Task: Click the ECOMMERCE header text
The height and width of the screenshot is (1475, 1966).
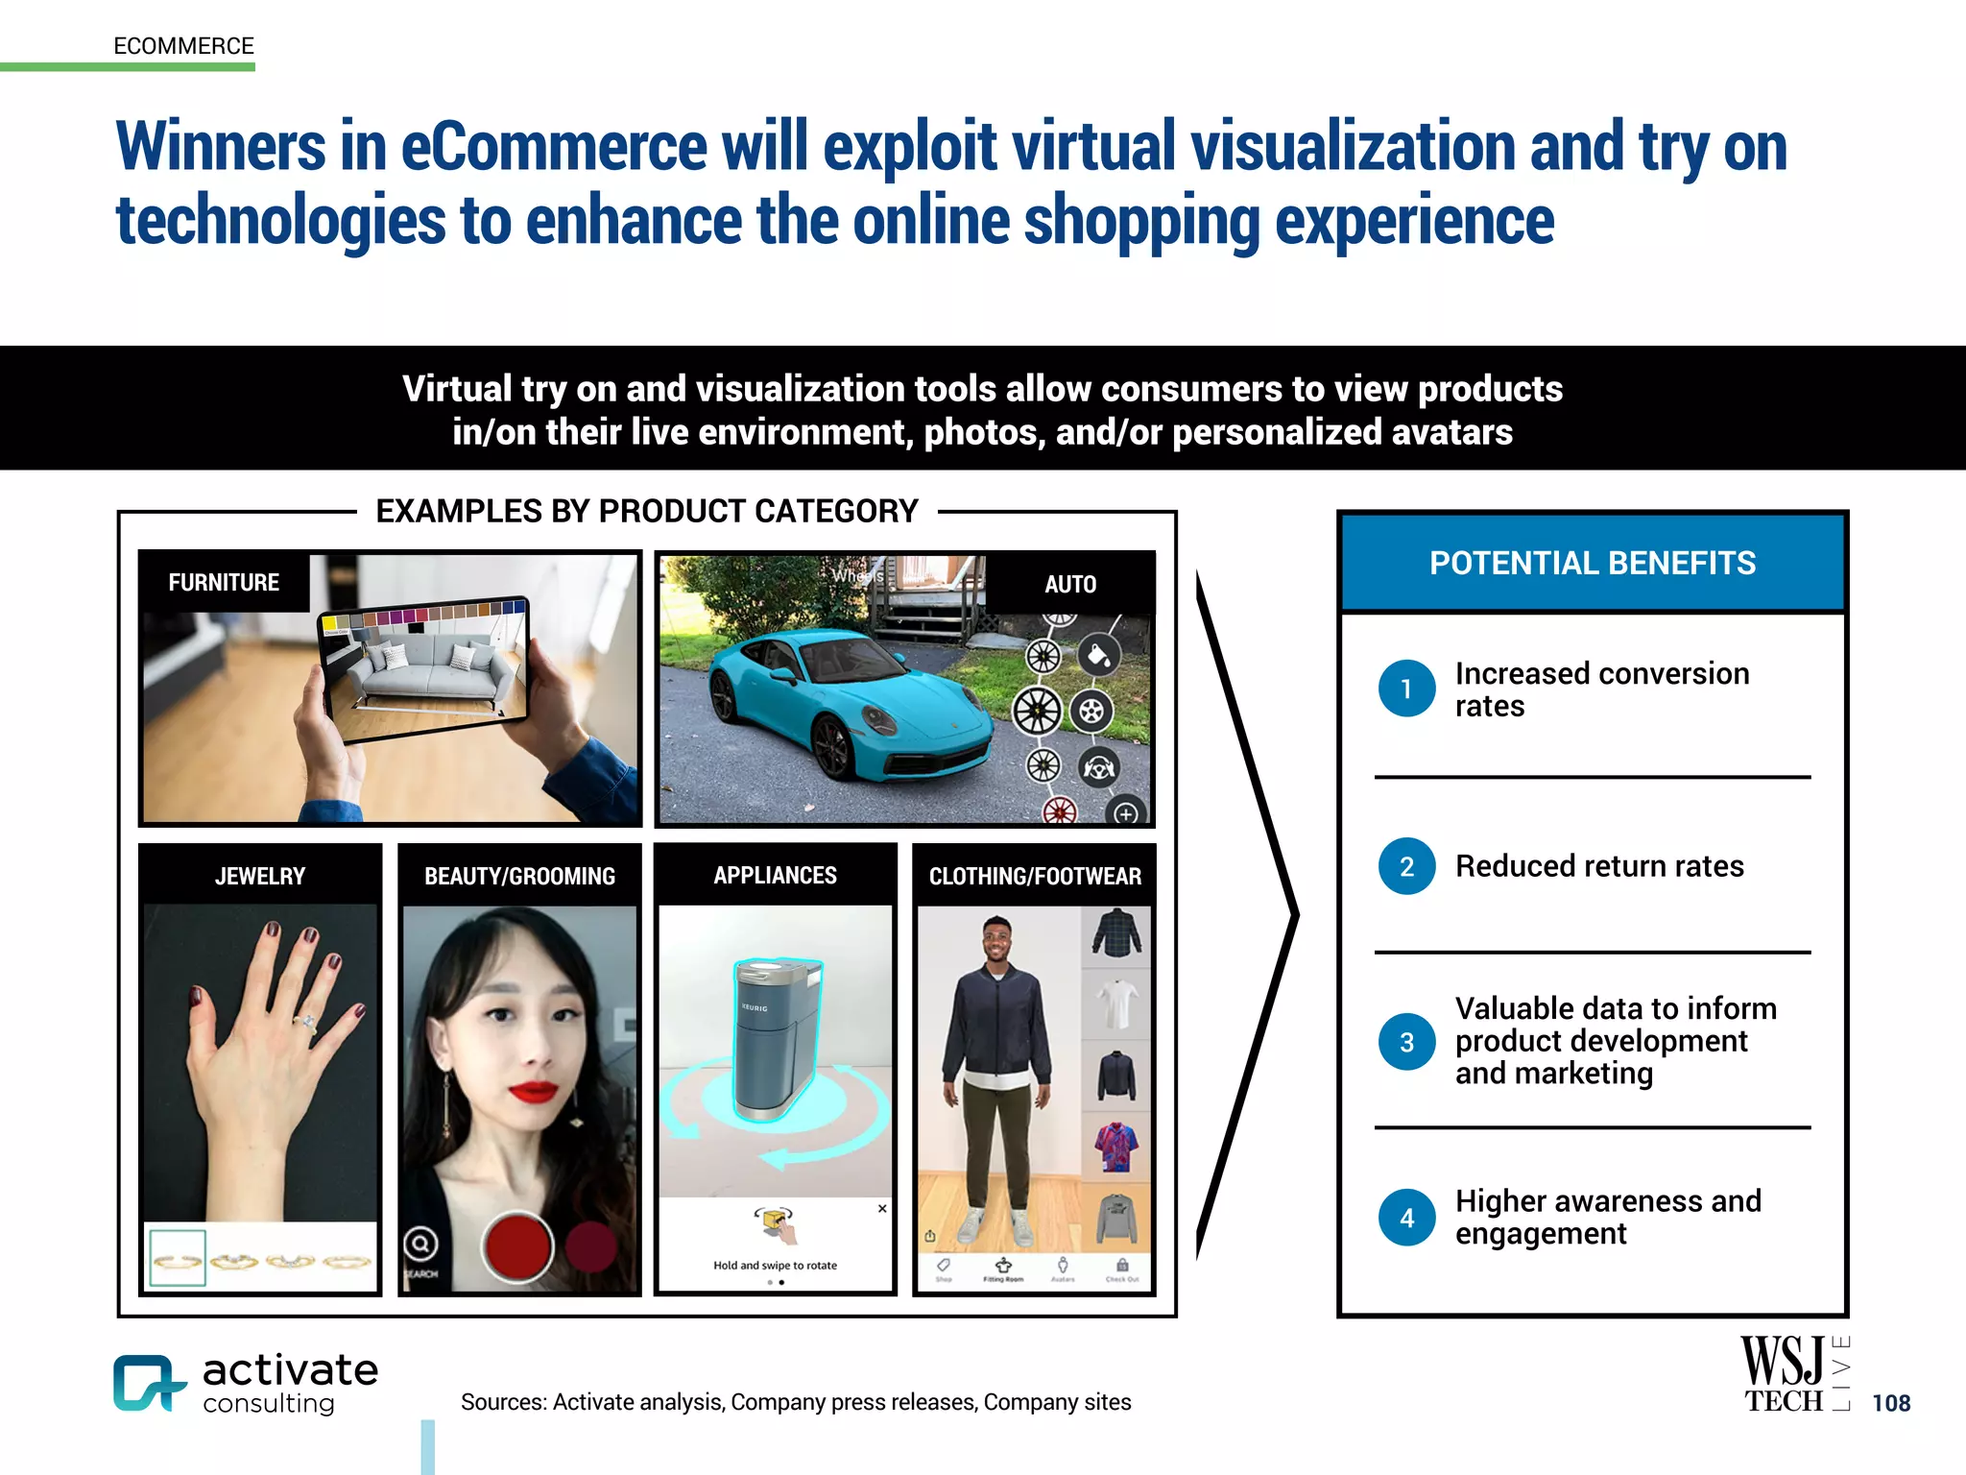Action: (x=183, y=46)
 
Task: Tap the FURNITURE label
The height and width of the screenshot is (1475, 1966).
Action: (x=224, y=583)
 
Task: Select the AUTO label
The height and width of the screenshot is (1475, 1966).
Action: (x=1069, y=584)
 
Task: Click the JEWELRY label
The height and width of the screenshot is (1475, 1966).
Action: (x=260, y=876)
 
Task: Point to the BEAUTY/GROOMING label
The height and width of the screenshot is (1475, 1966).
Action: (x=519, y=876)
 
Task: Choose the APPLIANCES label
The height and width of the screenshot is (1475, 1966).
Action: (x=775, y=875)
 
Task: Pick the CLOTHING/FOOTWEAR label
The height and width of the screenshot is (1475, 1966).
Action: (x=1035, y=876)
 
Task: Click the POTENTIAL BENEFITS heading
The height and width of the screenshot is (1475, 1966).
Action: (x=1592, y=563)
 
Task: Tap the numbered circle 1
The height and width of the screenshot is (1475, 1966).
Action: (x=1406, y=689)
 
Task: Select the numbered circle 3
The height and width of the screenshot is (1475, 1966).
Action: (x=1406, y=1042)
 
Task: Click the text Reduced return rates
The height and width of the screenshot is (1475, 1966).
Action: (x=1599, y=866)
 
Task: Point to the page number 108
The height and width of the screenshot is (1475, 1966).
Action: (x=1891, y=1403)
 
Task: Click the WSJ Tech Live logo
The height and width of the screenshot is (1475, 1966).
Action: (x=1793, y=1373)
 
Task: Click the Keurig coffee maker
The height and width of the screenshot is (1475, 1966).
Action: (x=776, y=1037)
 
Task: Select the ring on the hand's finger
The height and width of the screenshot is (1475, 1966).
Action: (x=307, y=1022)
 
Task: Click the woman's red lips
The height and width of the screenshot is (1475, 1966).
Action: (x=533, y=1091)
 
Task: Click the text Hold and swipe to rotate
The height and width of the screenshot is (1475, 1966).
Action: (x=775, y=1266)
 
